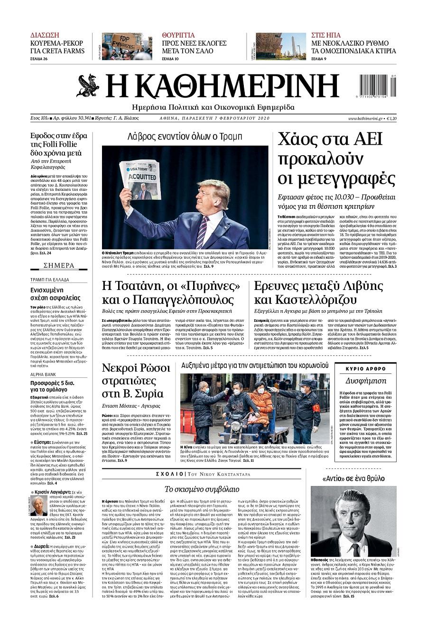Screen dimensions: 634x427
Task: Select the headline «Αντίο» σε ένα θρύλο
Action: point(353,478)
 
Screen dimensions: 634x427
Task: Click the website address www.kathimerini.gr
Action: point(366,118)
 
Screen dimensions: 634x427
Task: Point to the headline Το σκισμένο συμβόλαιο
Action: point(202,489)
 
